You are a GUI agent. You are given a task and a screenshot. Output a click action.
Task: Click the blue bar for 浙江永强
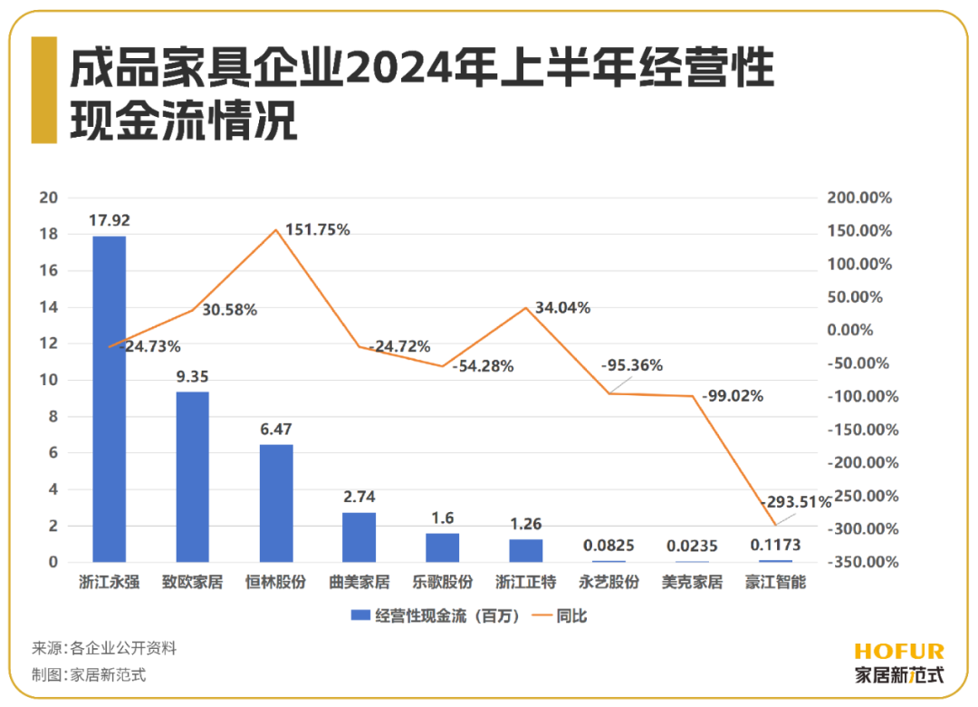point(109,399)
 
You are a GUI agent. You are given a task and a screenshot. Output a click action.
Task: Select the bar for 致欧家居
point(192,477)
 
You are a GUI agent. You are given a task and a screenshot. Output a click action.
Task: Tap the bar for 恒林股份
point(276,503)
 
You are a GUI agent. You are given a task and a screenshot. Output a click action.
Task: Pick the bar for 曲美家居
point(359,538)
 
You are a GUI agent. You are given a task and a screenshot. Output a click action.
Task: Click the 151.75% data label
point(317,229)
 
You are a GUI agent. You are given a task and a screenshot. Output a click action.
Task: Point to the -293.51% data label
point(795,502)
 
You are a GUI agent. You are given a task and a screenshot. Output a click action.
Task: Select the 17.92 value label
point(109,219)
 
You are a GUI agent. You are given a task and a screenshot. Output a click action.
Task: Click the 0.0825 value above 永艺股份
point(609,546)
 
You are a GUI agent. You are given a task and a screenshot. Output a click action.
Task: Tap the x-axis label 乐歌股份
point(443,582)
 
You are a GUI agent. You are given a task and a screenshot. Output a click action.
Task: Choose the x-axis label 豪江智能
point(775,582)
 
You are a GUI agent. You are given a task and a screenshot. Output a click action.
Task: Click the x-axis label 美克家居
point(692,582)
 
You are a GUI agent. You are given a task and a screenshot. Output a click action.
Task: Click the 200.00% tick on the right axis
point(861,198)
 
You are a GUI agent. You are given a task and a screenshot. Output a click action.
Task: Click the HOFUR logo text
point(898,651)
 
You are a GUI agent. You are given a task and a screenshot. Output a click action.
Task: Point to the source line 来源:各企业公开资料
point(104,648)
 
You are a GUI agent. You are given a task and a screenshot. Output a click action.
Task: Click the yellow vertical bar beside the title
point(43,90)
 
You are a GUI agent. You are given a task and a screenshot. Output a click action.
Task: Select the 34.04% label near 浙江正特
point(562,308)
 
